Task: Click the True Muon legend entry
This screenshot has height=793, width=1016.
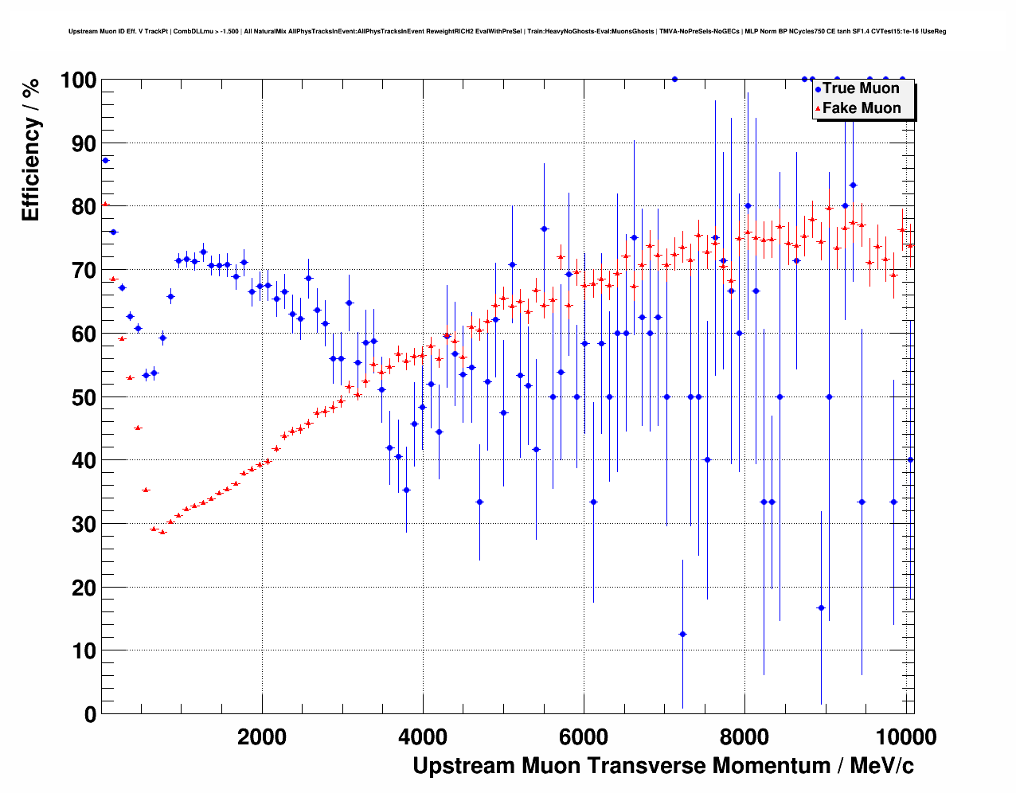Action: click(x=861, y=88)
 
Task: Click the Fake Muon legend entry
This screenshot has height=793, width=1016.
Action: click(x=862, y=108)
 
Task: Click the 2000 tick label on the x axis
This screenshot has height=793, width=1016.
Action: click(x=262, y=736)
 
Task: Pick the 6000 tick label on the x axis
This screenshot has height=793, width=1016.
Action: click(x=584, y=736)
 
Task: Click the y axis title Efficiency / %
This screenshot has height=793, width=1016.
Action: click(x=30, y=150)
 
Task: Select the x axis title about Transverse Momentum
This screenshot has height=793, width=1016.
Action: click(x=662, y=766)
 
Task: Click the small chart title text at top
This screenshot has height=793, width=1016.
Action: click(x=507, y=31)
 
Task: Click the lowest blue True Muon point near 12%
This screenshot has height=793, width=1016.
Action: click(x=682, y=634)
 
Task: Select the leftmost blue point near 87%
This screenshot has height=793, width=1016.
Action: click(x=105, y=160)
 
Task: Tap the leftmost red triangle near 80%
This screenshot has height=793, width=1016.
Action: click(x=104, y=205)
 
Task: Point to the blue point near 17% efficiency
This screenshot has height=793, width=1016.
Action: click(x=821, y=607)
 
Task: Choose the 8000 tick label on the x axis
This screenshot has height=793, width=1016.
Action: click(x=744, y=736)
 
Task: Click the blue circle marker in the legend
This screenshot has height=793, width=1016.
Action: click(x=817, y=89)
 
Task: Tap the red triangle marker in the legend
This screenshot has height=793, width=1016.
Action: click(x=817, y=108)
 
